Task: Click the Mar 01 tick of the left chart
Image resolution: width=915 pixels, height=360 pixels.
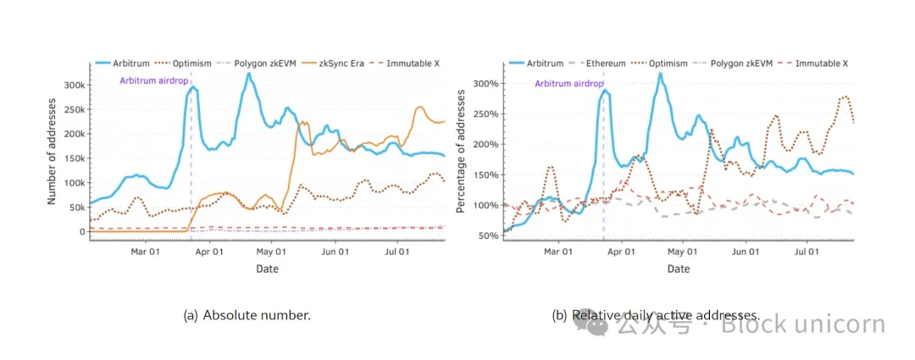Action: click(x=146, y=252)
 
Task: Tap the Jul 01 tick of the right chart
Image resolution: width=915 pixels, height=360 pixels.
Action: click(x=806, y=252)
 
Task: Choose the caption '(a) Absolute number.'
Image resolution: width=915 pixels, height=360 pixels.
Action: click(x=247, y=315)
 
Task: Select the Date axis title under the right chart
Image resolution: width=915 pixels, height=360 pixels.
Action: click(x=678, y=269)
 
